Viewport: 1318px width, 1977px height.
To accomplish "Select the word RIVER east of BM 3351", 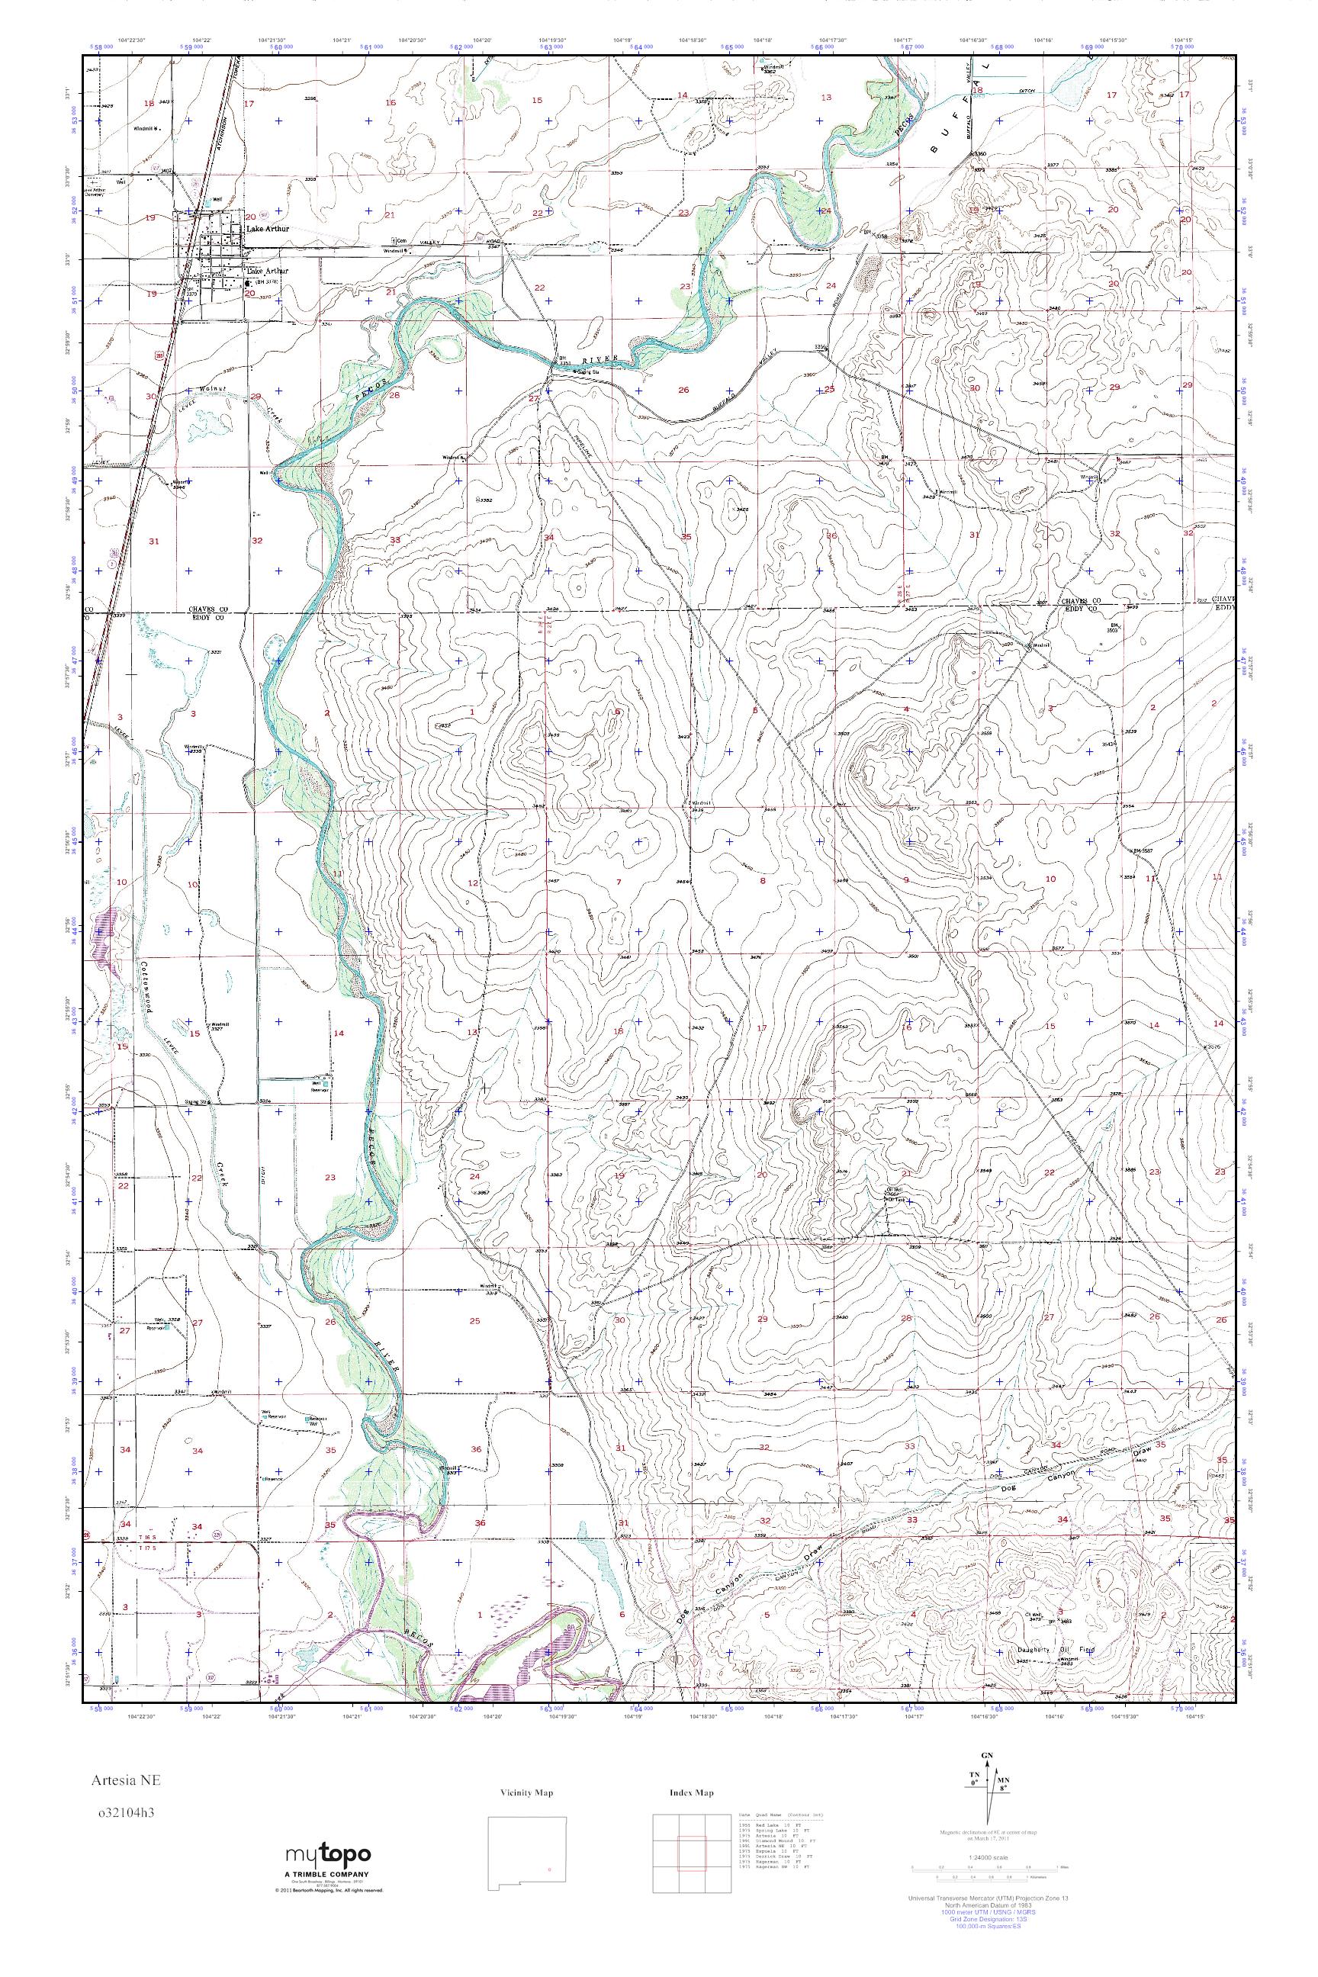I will tap(603, 359).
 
